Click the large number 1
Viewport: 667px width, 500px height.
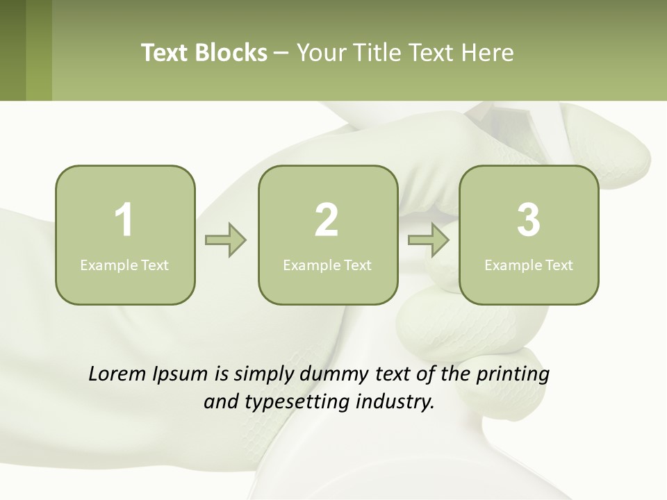tap(124, 220)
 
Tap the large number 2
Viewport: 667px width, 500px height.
tap(327, 220)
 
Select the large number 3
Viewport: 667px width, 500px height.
tap(529, 220)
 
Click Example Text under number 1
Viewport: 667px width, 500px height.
tap(124, 265)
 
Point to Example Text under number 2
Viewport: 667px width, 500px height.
tap(327, 265)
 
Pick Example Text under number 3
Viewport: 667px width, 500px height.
tap(529, 265)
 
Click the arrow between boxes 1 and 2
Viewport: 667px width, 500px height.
tap(226, 240)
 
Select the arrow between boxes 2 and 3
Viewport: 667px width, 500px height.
tap(429, 240)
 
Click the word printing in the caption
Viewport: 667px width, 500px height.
tap(513, 375)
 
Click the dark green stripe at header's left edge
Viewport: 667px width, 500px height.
tap(13, 50)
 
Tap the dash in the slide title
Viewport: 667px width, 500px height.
tap(282, 53)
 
